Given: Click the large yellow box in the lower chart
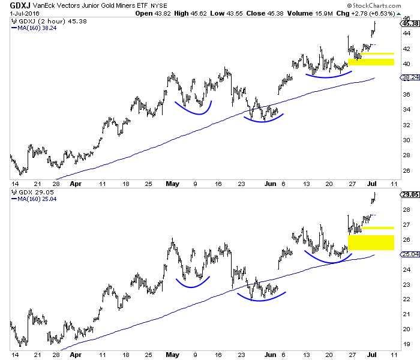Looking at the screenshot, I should pos(371,242).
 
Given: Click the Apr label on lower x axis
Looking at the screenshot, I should pos(76,355).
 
